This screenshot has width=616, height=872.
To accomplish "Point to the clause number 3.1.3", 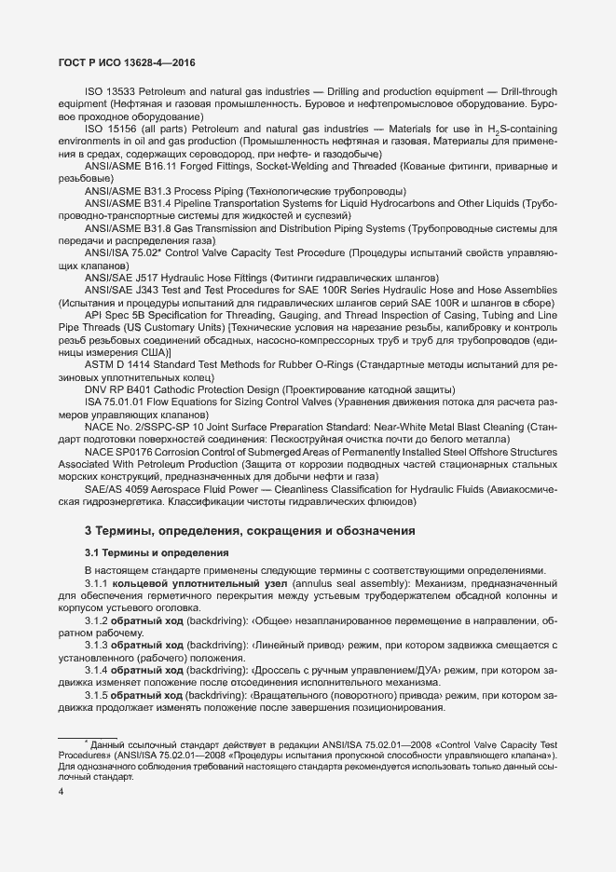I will coord(97,645).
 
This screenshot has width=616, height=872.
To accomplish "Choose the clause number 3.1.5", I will coord(97,695).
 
